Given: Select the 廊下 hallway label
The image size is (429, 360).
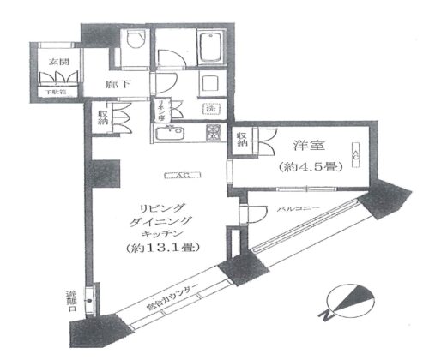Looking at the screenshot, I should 118,86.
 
